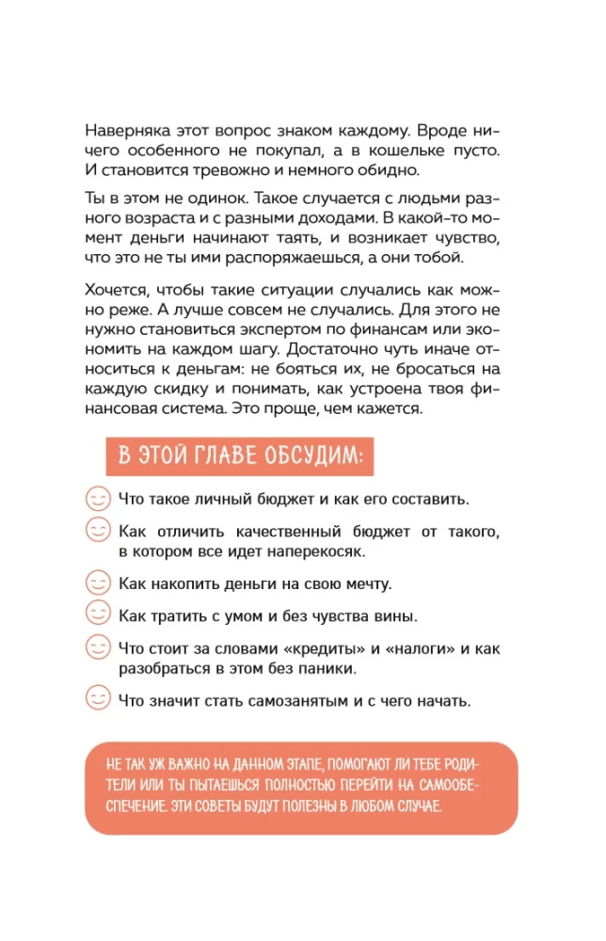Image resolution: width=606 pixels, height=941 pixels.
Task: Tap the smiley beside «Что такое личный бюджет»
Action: (x=98, y=498)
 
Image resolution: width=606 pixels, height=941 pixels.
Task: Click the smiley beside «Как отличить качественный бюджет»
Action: (x=98, y=531)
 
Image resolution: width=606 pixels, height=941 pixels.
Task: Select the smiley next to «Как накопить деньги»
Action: (x=98, y=582)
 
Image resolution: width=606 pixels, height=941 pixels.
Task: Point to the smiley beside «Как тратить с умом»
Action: (x=98, y=614)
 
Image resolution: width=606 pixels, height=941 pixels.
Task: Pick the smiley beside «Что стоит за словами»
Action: (x=98, y=647)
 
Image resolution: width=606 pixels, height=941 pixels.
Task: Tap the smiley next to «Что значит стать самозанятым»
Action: (x=98, y=699)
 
